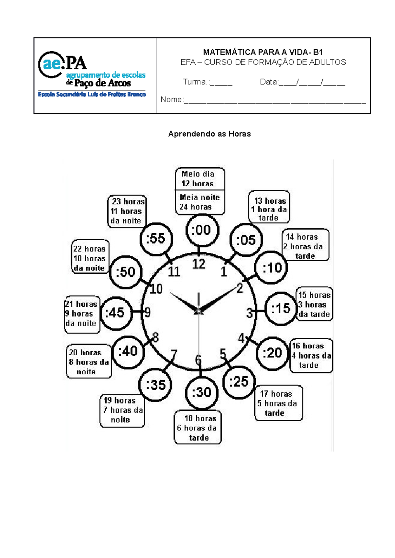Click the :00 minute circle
coord(201,230)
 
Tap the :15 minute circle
coord(281,309)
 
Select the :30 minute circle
coord(201,392)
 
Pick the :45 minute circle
coord(116,313)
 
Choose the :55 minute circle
coord(156,239)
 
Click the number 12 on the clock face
coord(199,264)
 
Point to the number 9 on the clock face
coord(147,313)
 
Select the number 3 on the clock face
coord(250,313)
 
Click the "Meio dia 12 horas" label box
coord(199,179)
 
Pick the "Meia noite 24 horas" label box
coord(199,202)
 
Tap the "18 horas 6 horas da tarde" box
coord(197,428)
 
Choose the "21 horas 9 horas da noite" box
coord(81,314)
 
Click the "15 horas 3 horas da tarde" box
coord(314,304)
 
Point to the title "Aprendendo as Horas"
coord(209,134)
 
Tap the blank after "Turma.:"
coord(221,83)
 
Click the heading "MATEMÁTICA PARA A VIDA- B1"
coord(263,52)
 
